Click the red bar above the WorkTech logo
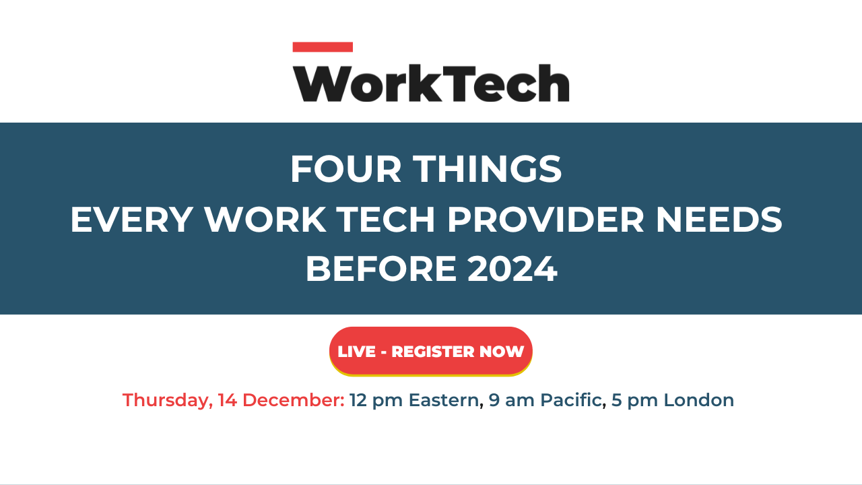pyautogui.click(x=323, y=47)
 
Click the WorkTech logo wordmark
pyautogui.click(x=431, y=83)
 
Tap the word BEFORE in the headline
pyautogui.click(x=381, y=269)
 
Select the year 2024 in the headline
pyautogui.click(x=512, y=269)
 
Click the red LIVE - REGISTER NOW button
pyautogui.click(x=431, y=352)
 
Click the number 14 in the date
pyautogui.click(x=227, y=400)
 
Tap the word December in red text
pyautogui.click(x=293, y=400)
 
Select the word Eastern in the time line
pyautogui.click(x=443, y=400)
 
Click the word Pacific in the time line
pyautogui.click(x=568, y=400)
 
